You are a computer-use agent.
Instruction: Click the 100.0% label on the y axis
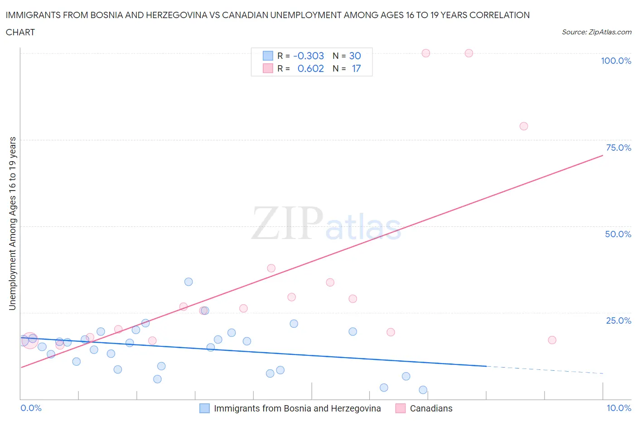(x=616, y=61)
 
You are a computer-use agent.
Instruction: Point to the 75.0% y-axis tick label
(x=618, y=148)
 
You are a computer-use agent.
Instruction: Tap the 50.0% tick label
(x=618, y=234)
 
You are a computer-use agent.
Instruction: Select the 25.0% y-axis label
(x=618, y=321)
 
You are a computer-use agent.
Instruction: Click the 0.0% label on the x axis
(x=31, y=408)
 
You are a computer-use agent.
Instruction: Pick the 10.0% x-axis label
(x=619, y=408)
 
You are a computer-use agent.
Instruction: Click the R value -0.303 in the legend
(x=309, y=56)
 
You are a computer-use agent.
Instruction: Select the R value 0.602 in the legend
(x=310, y=68)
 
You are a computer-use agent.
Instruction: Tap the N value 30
(x=355, y=56)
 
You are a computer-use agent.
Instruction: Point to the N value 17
(x=356, y=68)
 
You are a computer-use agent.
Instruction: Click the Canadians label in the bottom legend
(x=431, y=408)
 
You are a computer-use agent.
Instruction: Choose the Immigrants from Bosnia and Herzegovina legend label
(x=297, y=408)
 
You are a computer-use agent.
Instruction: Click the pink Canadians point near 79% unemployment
(x=524, y=126)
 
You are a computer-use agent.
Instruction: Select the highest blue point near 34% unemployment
(x=188, y=282)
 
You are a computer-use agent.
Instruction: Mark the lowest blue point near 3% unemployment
(x=423, y=390)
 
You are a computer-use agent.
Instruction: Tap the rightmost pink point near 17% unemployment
(x=552, y=340)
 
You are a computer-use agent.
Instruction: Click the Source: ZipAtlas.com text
(x=596, y=32)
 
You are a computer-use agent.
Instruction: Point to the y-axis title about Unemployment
(x=12, y=224)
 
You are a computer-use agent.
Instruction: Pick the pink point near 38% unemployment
(x=271, y=268)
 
